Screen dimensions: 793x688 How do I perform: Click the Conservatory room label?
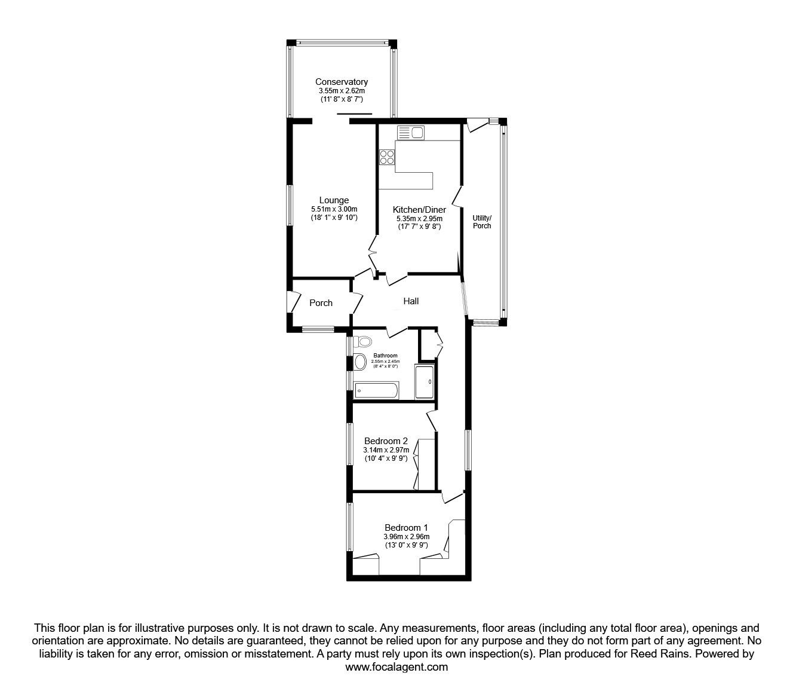tap(342, 82)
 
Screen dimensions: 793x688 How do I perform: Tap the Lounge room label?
tap(334, 200)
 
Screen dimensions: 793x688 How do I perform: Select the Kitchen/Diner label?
tap(419, 210)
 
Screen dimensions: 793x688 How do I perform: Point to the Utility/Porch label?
tap(482, 222)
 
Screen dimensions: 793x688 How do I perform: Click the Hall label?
tap(411, 301)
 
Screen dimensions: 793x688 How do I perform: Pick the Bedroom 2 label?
tap(386, 441)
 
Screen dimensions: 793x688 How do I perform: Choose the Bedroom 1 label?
tap(406, 528)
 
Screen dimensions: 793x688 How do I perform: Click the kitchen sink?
tap(410, 133)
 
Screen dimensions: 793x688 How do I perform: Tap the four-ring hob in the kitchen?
tap(387, 157)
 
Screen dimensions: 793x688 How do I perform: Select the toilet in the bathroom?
tap(362, 341)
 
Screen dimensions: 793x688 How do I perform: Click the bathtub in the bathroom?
tap(376, 391)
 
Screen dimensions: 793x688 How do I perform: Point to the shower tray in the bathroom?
tap(425, 382)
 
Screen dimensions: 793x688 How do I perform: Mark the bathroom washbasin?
tap(360, 362)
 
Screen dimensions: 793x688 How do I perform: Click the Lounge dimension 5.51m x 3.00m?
tap(334, 209)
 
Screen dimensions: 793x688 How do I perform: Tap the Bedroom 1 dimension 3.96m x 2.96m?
tap(406, 537)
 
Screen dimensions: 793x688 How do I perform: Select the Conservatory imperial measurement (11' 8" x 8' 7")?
tap(342, 99)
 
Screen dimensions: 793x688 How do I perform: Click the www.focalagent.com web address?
tap(396, 667)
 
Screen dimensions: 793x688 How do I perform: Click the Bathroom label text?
tap(385, 356)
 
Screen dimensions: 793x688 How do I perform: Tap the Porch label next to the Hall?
tap(321, 303)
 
